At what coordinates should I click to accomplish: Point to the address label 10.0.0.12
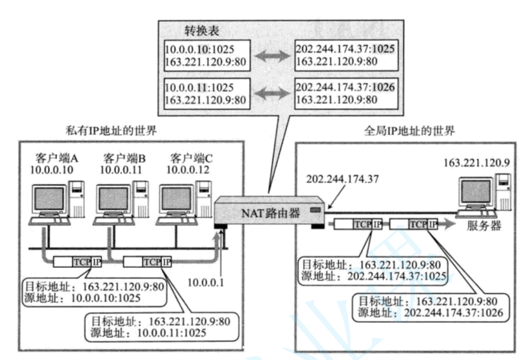pyautogui.click(x=188, y=170)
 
